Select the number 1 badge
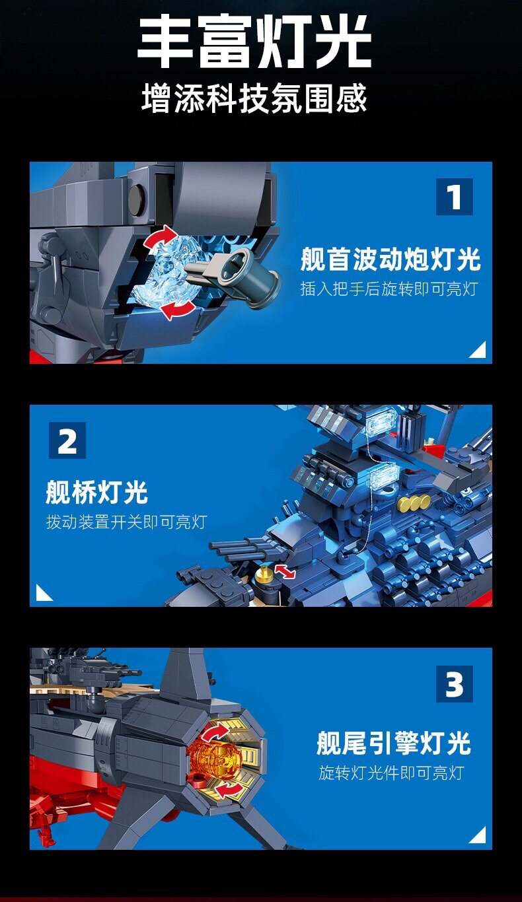pos(455,197)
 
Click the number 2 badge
pos(67,440)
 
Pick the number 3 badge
pos(455,683)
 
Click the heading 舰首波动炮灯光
pos(391,260)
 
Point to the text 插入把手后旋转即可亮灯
pos(389,289)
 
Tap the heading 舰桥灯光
pos(96,492)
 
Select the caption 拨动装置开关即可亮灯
pos(127,522)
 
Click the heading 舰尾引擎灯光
pos(394,744)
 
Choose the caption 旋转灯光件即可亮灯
pos(391,773)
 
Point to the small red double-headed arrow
pos(285,571)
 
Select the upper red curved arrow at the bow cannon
pos(161,237)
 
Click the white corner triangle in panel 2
pos(42,593)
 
